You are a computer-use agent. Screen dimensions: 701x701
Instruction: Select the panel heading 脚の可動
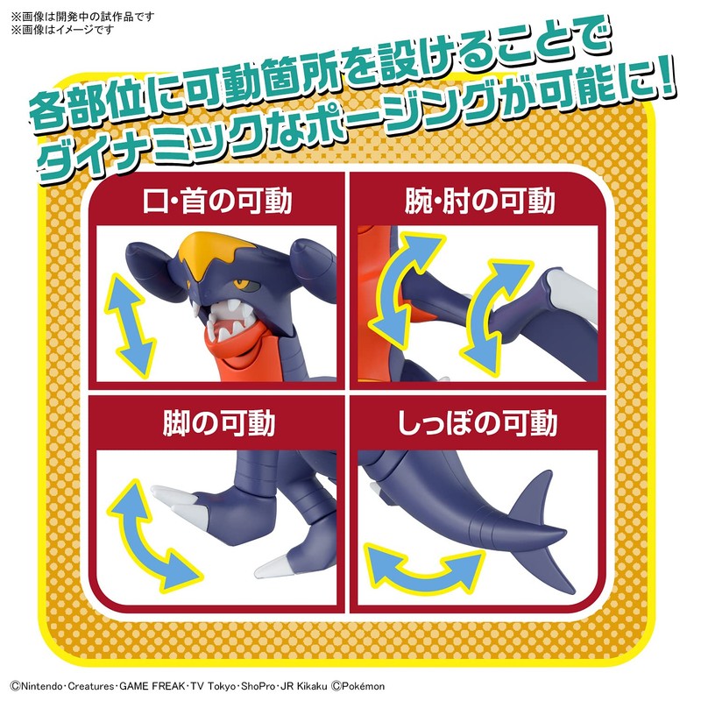pyautogui.click(x=218, y=423)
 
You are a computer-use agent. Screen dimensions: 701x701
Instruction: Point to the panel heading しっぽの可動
pyautogui.click(x=481, y=423)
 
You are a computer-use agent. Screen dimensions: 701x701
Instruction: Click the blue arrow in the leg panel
pyautogui.click(x=151, y=535)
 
